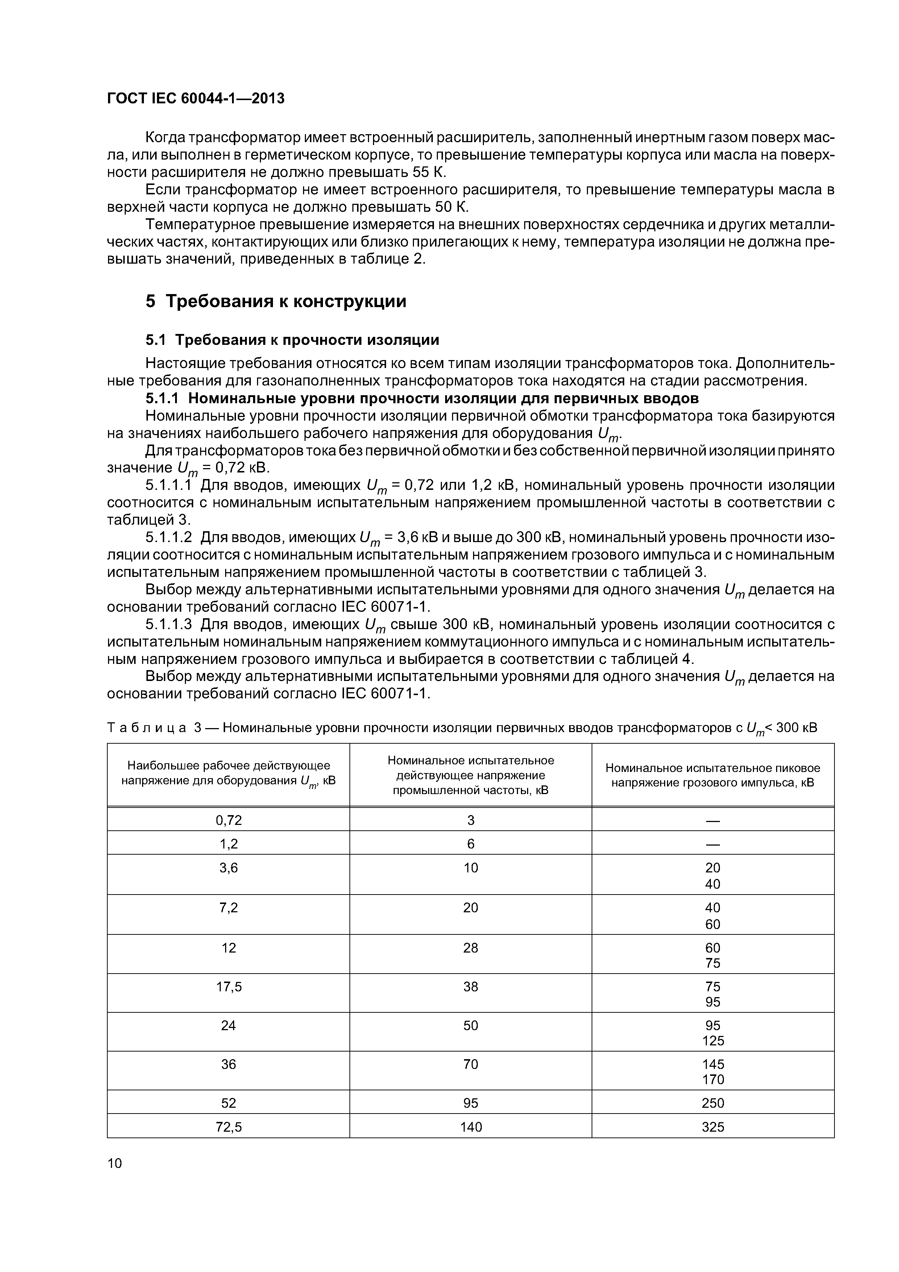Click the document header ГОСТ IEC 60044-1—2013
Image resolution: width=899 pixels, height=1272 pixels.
pos(195,99)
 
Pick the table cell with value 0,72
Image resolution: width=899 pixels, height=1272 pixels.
pos(228,820)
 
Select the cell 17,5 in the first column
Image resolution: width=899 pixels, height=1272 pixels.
pos(228,986)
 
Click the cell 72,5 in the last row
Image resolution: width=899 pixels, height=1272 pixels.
pos(228,1127)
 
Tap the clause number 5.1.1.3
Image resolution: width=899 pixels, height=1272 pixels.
pos(169,624)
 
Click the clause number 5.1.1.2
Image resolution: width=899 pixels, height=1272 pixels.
pos(169,537)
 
